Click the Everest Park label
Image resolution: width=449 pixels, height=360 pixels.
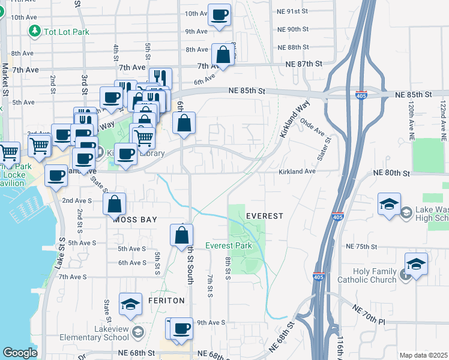[x=228, y=245]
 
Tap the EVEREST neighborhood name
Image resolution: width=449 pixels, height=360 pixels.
[x=264, y=215]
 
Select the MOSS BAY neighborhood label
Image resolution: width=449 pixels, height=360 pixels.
[x=134, y=220]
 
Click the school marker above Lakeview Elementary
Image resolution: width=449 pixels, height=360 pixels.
[x=130, y=304]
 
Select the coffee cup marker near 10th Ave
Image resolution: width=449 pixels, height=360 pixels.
[x=220, y=14]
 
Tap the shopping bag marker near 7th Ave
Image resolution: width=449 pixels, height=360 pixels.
[x=223, y=55]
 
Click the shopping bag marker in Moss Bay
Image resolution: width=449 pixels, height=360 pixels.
[x=114, y=204]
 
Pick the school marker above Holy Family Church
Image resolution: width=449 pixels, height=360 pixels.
[x=416, y=263]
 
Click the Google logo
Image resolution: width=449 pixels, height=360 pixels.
[x=20, y=353]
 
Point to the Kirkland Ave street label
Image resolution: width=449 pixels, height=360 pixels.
[x=297, y=172]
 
